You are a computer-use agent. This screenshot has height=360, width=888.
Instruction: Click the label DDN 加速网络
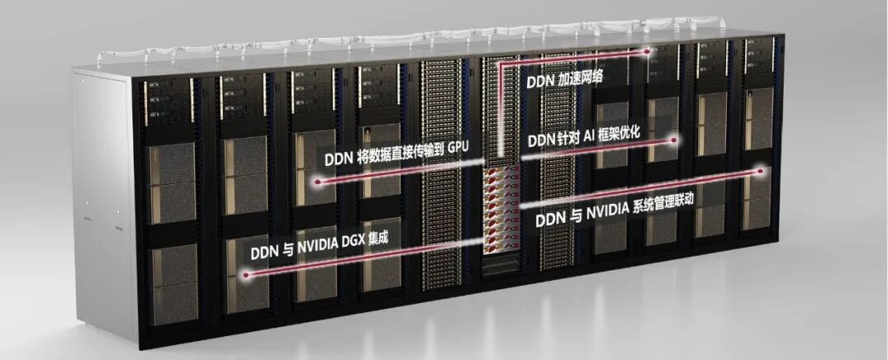tap(565, 80)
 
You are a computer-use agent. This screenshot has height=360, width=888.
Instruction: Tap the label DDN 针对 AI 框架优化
tap(584, 137)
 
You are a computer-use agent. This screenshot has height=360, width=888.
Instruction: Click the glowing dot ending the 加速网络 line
tap(648, 52)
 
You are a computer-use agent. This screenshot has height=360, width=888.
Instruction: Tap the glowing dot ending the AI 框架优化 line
tap(674, 139)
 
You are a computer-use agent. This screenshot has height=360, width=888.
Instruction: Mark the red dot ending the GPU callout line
tap(317, 182)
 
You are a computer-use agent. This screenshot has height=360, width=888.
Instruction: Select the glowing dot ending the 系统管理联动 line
tap(761, 170)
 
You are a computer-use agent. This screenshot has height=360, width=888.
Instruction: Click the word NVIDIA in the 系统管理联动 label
tap(606, 214)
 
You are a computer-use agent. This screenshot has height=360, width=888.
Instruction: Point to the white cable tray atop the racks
tap(414, 38)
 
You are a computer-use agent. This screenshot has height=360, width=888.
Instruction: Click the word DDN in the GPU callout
tap(338, 159)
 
